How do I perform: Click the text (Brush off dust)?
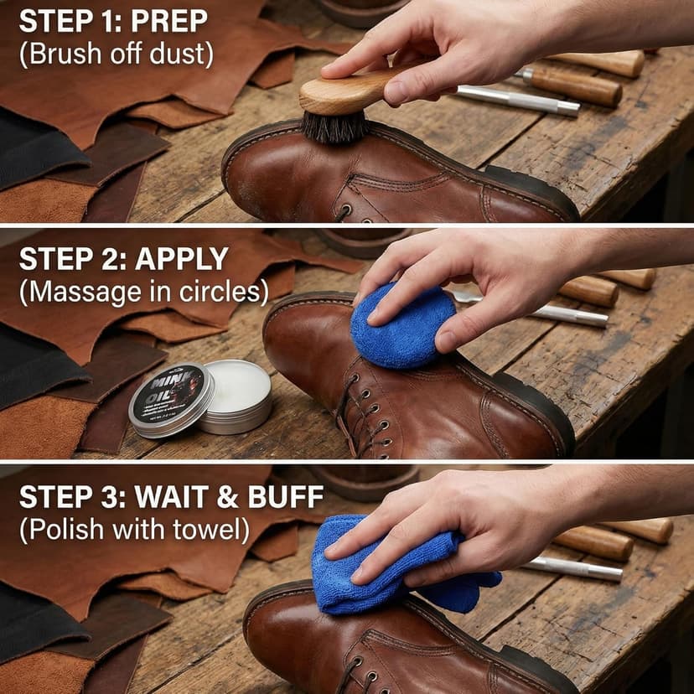[x=117, y=54]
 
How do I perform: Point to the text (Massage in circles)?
[x=144, y=292]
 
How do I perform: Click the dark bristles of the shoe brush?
[x=334, y=127]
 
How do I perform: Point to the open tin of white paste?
[x=238, y=389]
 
